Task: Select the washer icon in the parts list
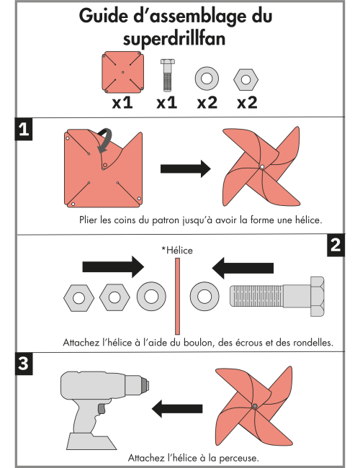[206, 76]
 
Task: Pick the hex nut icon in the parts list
[246, 76]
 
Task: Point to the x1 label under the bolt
[167, 102]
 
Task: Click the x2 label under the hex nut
[247, 102]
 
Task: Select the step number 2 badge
[334, 245]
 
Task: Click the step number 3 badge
[24, 364]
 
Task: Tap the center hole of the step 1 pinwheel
[262, 167]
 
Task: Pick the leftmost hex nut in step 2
[76, 295]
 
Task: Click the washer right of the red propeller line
[204, 295]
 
